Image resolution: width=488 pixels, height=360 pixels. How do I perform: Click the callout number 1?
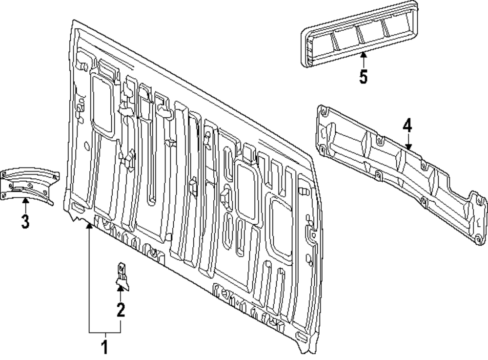tap(104, 348)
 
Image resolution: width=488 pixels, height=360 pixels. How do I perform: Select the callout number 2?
tap(121, 309)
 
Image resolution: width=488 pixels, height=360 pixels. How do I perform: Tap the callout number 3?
tap(25, 221)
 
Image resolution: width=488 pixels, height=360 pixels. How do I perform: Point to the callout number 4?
tap(407, 126)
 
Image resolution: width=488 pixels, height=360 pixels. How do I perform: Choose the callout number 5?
tap(363, 76)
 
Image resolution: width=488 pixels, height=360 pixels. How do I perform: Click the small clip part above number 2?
tap(122, 276)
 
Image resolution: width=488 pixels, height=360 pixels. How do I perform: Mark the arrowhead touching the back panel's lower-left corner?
tap(89, 226)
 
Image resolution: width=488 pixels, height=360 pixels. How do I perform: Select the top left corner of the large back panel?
tap(73, 22)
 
